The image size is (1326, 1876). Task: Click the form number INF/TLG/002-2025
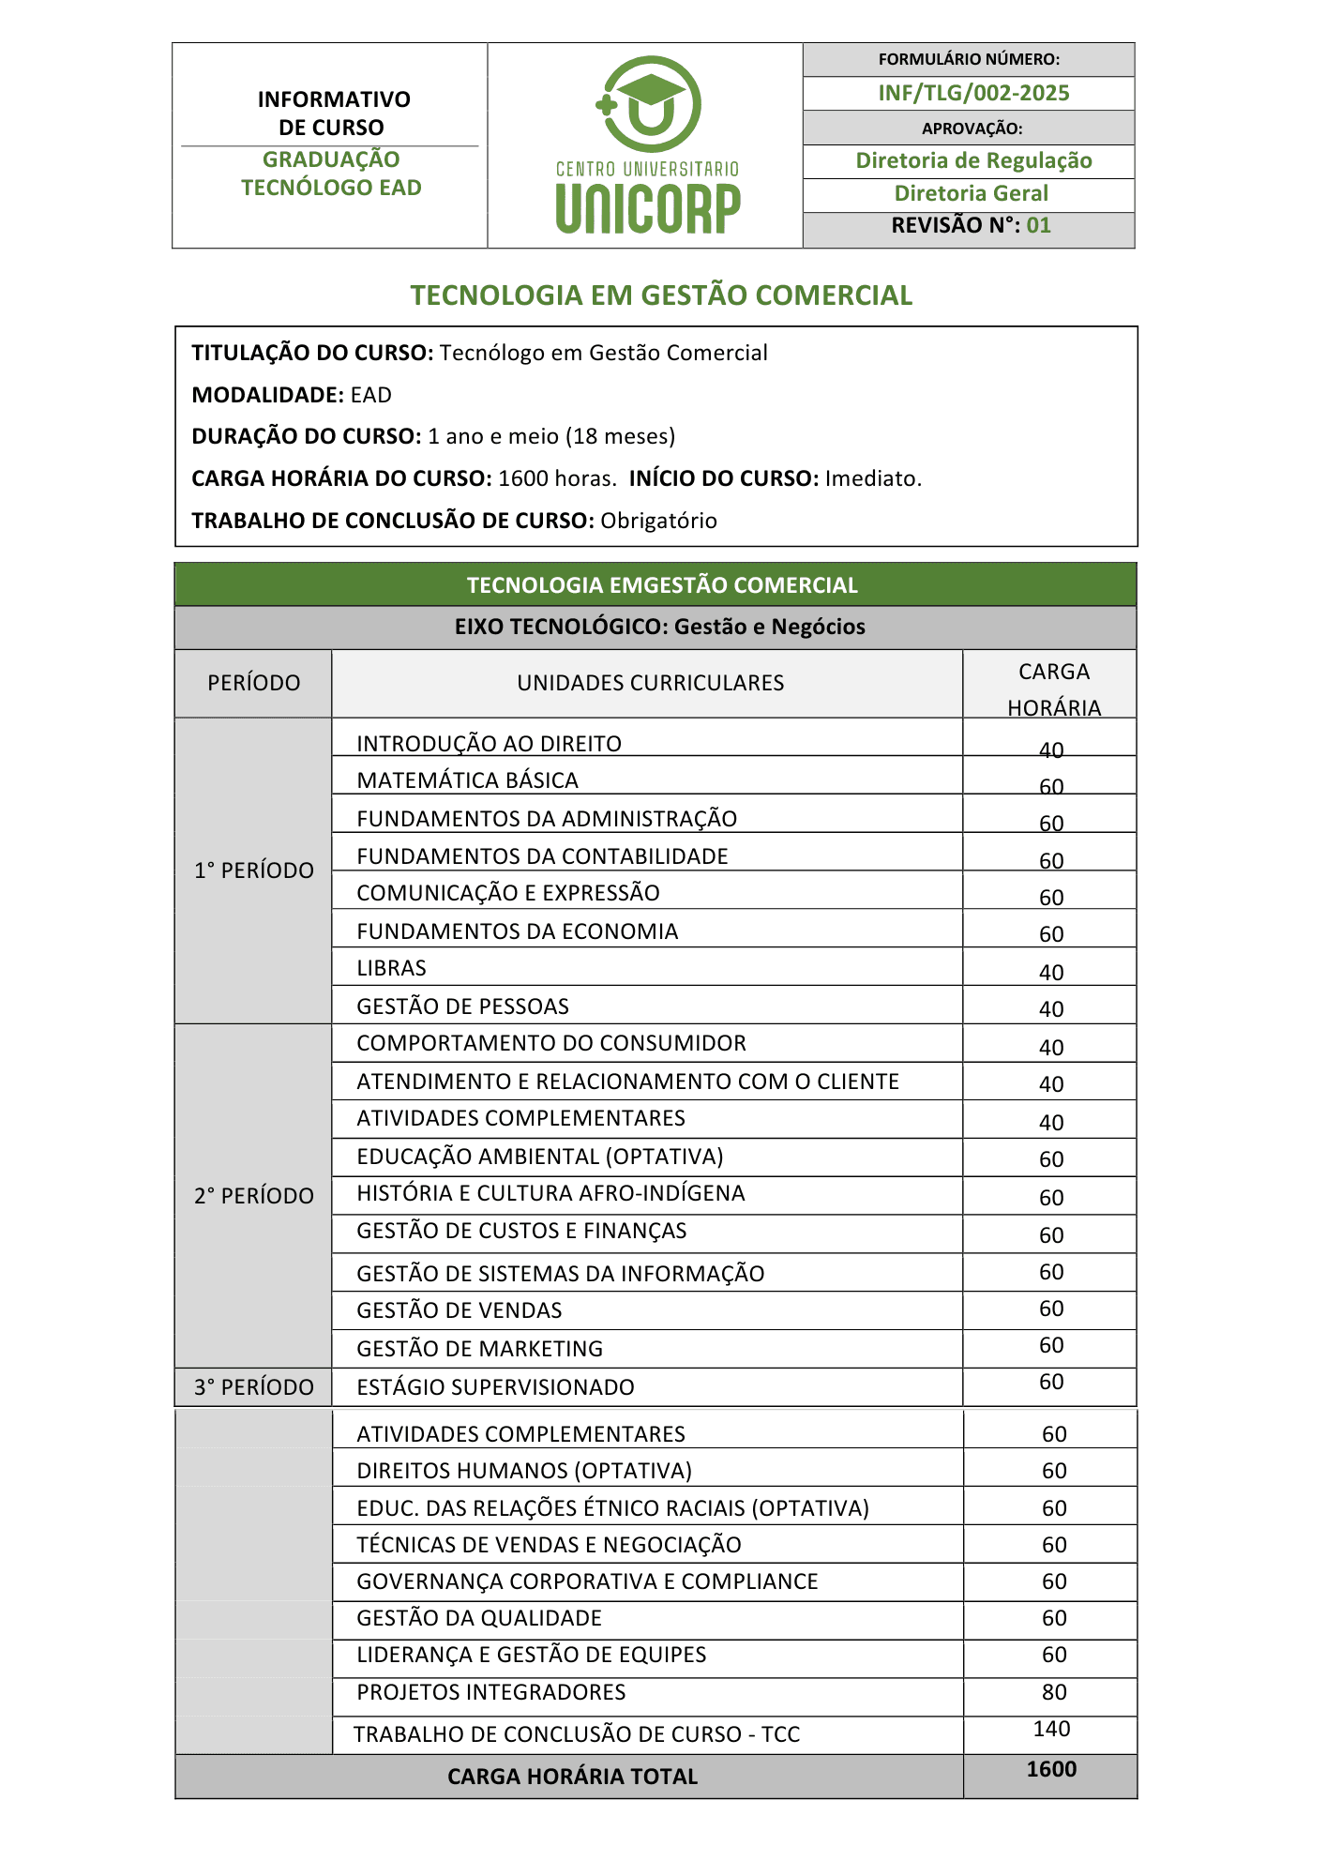click(973, 93)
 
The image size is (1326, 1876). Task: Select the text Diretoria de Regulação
click(973, 160)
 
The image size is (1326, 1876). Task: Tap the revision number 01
click(1038, 225)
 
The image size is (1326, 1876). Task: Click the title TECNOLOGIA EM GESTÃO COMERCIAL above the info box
click(661, 295)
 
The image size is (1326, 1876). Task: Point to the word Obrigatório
click(658, 521)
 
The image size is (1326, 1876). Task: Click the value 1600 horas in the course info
click(556, 478)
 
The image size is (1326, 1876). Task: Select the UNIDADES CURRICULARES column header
click(650, 683)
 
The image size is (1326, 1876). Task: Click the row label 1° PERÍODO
click(254, 870)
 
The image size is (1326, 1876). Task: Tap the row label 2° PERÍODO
click(254, 1196)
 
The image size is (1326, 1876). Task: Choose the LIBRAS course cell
click(391, 968)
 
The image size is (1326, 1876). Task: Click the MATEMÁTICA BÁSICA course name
click(467, 780)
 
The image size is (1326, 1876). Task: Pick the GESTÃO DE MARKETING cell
click(479, 1349)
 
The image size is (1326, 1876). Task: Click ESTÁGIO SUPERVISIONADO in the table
click(495, 1387)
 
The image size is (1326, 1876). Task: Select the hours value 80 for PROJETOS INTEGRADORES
click(1054, 1692)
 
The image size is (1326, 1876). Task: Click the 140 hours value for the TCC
click(1051, 1729)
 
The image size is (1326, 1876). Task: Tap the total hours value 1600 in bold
click(1051, 1769)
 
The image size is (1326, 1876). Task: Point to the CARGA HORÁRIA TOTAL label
click(572, 1777)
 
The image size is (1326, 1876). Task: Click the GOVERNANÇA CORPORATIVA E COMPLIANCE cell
click(587, 1581)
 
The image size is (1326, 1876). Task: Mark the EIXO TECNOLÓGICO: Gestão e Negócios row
click(659, 627)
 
